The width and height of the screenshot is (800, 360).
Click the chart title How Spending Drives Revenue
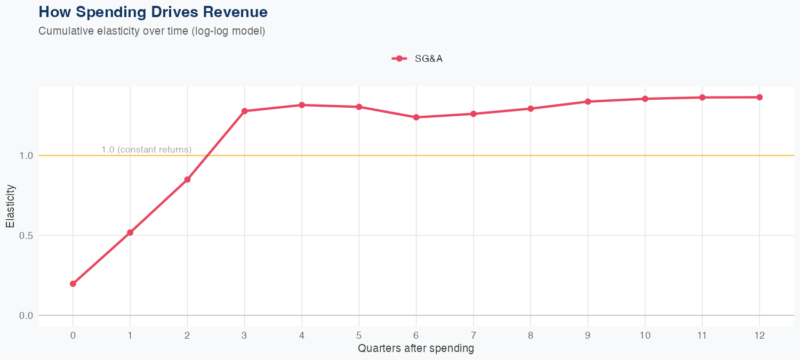[153, 12]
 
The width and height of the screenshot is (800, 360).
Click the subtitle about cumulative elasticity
[151, 31]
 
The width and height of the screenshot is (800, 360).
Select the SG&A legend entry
[417, 59]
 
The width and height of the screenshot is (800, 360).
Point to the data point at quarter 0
[73, 284]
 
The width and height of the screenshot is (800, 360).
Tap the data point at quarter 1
[130, 233]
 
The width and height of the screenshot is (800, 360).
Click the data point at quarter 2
[187, 180]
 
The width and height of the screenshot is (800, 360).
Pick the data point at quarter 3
[245, 111]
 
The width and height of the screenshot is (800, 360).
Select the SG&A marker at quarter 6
[417, 117]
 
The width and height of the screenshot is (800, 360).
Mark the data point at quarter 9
[588, 101]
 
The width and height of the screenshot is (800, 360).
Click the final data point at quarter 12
[759, 97]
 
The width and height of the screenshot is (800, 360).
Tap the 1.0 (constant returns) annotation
[146, 149]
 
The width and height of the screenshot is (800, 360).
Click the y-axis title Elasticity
[10, 206]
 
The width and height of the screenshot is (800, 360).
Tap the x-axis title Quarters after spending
[415, 349]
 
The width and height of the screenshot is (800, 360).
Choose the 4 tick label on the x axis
[302, 335]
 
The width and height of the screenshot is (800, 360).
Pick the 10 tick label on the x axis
[645, 335]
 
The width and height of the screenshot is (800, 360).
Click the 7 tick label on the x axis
[474, 335]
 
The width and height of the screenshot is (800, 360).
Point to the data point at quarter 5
[359, 107]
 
